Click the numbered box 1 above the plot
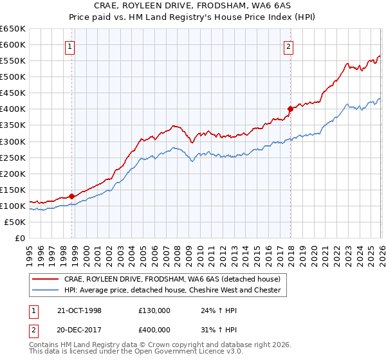(x=69, y=46)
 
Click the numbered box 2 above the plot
(x=289, y=46)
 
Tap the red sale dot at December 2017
(x=290, y=109)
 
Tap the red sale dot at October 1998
(x=72, y=196)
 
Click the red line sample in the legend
(x=46, y=279)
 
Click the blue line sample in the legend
(x=46, y=290)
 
